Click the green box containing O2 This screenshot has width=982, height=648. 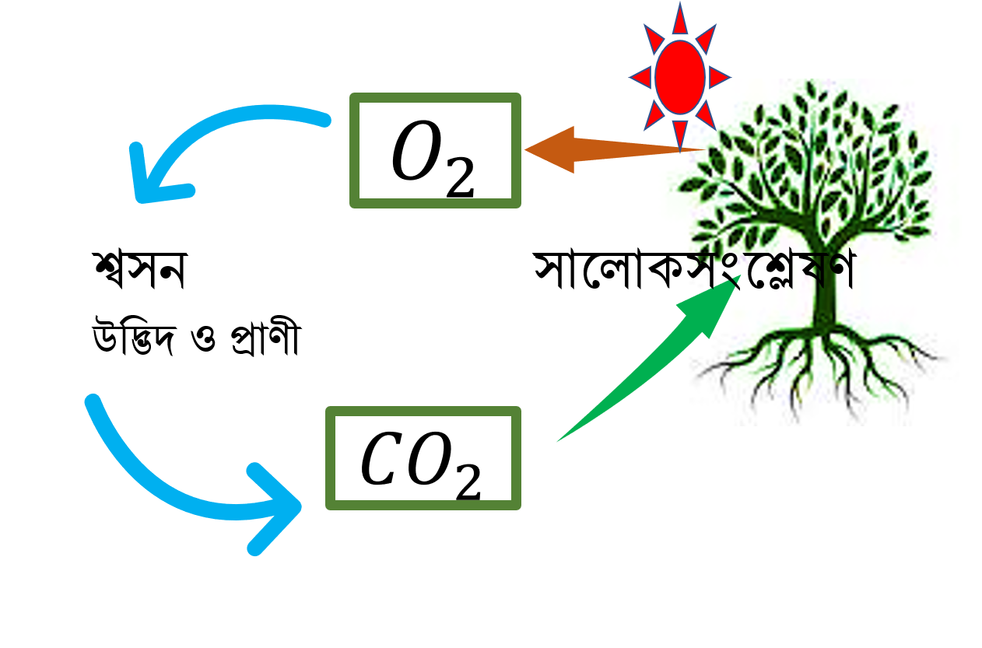coord(435,97)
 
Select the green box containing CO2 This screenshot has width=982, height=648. coord(423,411)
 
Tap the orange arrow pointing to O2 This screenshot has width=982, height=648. coord(614,150)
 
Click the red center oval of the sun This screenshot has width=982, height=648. coord(680,78)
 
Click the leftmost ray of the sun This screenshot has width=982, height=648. coord(641,78)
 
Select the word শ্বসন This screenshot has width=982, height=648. coord(140,271)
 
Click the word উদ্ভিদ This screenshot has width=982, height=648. coord(135,338)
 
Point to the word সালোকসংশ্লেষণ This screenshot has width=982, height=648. coord(694,269)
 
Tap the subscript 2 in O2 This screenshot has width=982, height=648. coord(461,177)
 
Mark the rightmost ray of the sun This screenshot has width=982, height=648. coord(719,78)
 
